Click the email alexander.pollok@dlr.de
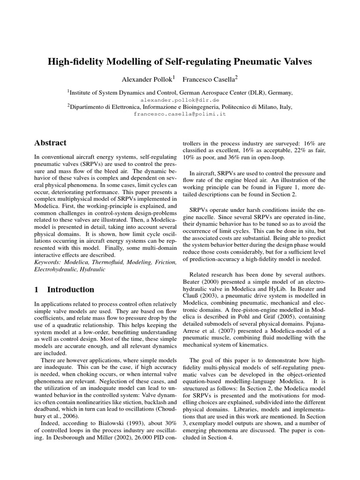point(180,100)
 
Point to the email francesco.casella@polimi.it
point(180,114)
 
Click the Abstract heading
point(51,143)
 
